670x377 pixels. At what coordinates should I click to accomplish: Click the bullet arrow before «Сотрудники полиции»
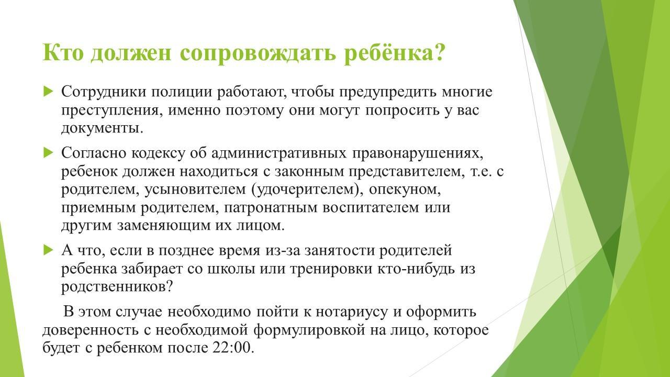48,91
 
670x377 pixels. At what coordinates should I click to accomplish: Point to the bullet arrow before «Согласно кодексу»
48,152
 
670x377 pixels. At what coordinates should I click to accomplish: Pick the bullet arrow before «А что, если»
48,250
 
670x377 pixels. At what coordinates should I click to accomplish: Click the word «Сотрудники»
104,92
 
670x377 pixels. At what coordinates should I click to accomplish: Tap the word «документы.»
102,129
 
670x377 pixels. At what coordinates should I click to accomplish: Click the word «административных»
279,153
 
